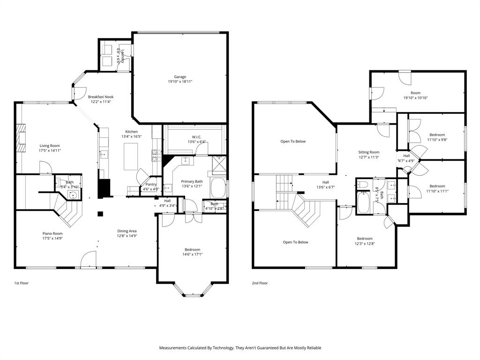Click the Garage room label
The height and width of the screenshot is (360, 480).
coord(180,77)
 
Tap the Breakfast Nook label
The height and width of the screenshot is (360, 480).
coord(101,97)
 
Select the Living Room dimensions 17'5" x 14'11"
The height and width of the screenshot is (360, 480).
coord(49,150)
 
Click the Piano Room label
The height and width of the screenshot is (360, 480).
coord(51,233)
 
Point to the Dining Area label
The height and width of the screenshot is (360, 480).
coord(127,231)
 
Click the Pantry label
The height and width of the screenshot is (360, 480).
coord(151,184)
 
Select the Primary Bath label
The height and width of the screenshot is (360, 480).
coord(192,181)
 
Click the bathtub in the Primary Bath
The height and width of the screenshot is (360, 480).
coord(218,188)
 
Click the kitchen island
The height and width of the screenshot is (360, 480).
coord(131,157)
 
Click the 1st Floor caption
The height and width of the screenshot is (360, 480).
coord(21,283)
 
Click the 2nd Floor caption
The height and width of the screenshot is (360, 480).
coord(259,283)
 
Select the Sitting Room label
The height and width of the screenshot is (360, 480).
coord(368,152)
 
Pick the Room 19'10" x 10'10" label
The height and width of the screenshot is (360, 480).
coord(415,93)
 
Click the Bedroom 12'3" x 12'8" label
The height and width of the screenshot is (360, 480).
coord(364,239)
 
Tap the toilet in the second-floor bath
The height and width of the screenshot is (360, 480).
coord(364,186)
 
